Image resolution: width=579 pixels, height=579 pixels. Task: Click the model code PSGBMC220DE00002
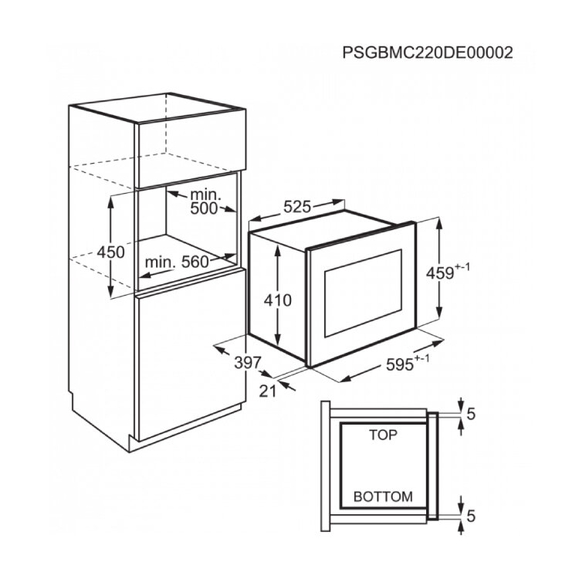point(428,52)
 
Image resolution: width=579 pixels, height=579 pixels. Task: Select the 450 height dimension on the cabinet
point(110,252)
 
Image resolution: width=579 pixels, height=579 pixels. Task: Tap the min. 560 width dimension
point(177,262)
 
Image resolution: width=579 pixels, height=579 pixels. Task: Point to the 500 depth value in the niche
point(204,208)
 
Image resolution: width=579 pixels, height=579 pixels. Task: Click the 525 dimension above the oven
point(297,207)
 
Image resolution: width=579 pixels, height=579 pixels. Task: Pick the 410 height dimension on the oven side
point(278,300)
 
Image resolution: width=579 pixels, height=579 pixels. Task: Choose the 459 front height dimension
point(448,272)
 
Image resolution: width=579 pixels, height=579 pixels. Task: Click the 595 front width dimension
point(408,364)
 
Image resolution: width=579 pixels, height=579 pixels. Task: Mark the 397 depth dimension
point(248,363)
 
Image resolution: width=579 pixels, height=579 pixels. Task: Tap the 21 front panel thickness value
point(267,391)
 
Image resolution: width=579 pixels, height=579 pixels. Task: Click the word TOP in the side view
point(383,435)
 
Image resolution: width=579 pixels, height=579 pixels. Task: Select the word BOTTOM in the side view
point(383,496)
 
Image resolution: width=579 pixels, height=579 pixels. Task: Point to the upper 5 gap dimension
point(471,415)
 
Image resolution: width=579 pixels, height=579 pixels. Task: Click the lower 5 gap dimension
point(471,516)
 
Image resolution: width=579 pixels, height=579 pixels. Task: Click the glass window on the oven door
point(363,293)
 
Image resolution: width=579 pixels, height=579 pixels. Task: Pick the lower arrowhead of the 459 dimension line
point(438,311)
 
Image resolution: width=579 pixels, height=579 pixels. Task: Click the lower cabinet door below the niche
point(190,354)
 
